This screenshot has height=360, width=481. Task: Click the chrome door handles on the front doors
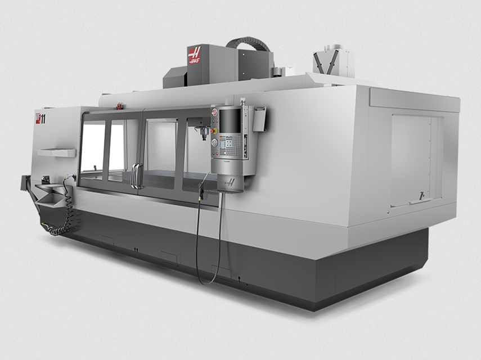pyautogui.click(x=135, y=175)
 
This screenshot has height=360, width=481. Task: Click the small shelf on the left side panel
pyautogui.click(x=57, y=152)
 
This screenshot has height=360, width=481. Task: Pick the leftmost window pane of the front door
pyautogui.click(x=93, y=149)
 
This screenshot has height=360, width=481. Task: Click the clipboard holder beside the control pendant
pyautogui.click(x=259, y=119)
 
